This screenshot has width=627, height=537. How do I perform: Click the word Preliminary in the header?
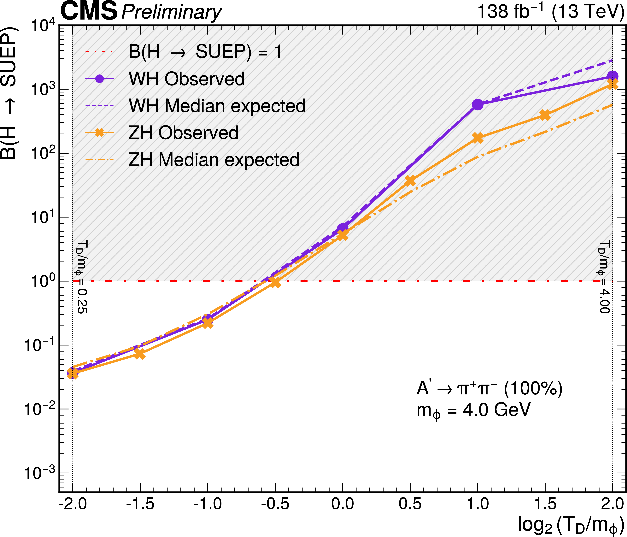click(171, 13)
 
